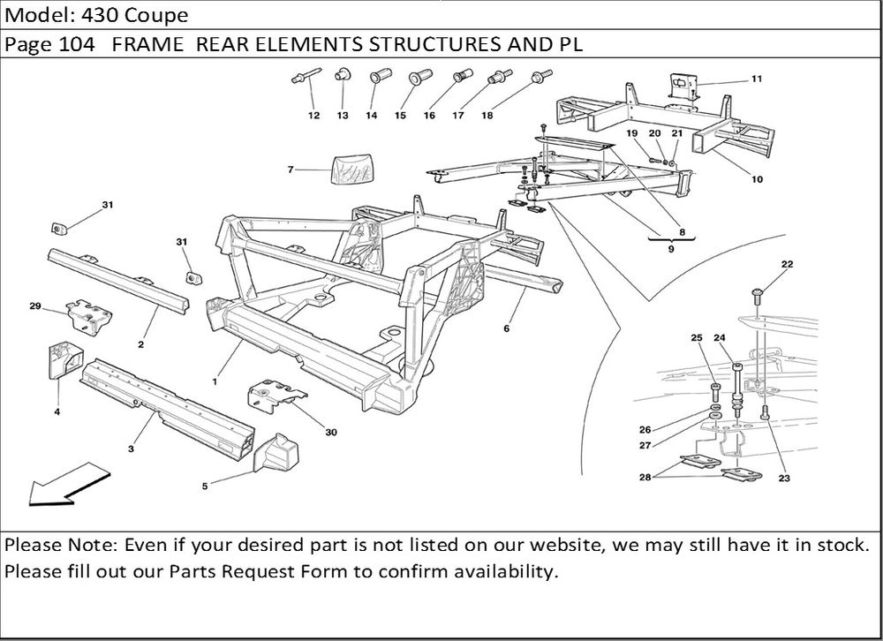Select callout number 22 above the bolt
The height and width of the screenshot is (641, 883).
click(787, 264)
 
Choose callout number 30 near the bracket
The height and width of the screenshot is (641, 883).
click(331, 432)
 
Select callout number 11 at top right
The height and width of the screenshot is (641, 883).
click(757, 79)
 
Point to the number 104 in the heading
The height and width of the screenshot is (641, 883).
click(78, 46)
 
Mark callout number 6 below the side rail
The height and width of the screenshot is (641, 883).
click(507, 328)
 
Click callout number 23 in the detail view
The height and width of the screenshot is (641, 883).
click(784, 478)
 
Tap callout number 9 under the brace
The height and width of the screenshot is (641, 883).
click(671, 251)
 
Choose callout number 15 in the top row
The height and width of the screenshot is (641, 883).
click(400, 116)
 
